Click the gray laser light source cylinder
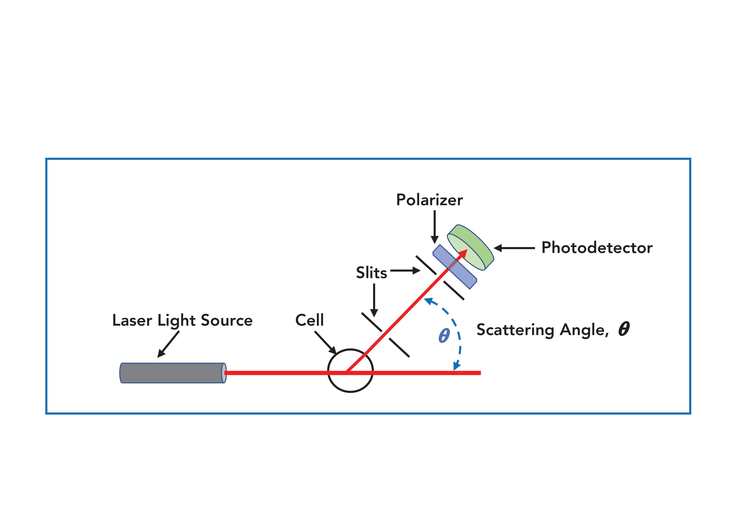tap(172, 373)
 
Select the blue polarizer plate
tap(455, 267)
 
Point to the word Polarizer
tap(429, 200)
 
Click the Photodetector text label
tap(597, 248)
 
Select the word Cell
tap(309, 320)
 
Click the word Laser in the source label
tap(132, 320)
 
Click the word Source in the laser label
tap(227, 320)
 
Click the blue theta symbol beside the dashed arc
tap(444, 336)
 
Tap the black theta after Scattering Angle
tap(624, 329)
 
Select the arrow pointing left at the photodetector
tap(514, 248)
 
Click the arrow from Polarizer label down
tap(434, 227)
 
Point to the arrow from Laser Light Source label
tap(168, 344)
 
